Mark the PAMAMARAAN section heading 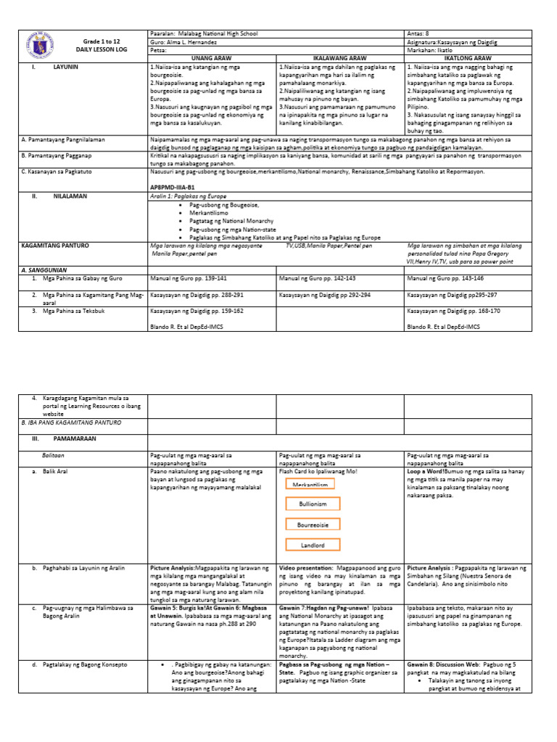point(74,439)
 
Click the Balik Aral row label point(65,471)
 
